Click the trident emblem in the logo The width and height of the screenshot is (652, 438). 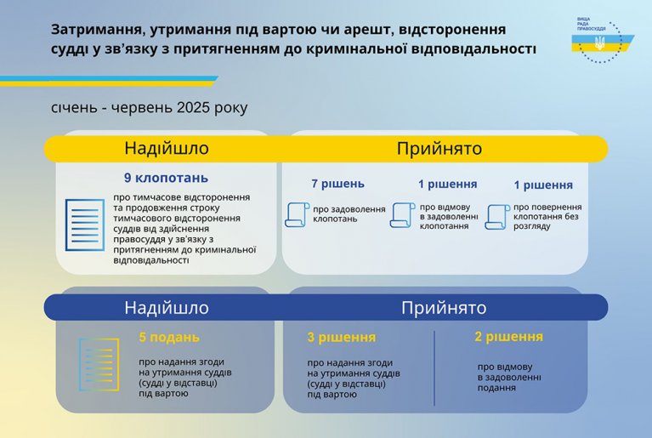[x=599, y=43]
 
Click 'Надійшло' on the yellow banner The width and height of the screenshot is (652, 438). [x=167, y=148]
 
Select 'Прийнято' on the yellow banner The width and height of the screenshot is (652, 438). [x=439, y=148]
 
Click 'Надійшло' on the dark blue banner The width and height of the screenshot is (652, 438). [x=167, y=308]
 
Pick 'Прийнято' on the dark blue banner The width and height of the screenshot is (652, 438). [x=444, y=308]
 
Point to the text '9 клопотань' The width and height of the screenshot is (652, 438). [x=166, y=178]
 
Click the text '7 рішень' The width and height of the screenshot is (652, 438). [x=337, y=184]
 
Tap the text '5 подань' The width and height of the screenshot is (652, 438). [x=169, y=337]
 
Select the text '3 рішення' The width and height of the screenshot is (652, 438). [x=342, y=338]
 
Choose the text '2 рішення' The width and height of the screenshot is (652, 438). [x=508, y=337]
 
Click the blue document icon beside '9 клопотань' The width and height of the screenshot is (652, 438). [x=85, y=225]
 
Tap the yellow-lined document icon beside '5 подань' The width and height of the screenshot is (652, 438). [x=99, y=365]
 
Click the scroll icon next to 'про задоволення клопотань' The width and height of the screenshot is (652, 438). [x=297, y=214]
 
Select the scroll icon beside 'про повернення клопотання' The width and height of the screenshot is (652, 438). [x=497, y=217]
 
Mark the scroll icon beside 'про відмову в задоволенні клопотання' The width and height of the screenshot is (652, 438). [x=403, y=215]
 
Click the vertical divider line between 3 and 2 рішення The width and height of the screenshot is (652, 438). [x=434, y=368]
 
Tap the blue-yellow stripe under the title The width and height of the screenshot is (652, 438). [x=109, y=81]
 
